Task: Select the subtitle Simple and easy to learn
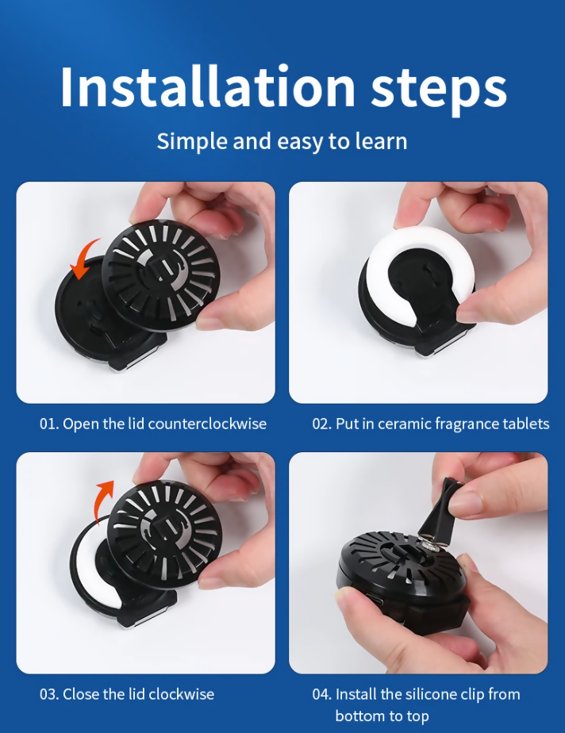(282, 140)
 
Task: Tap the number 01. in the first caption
(49, 424)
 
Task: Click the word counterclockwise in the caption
(207, 424)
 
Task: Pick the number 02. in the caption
(322, 424)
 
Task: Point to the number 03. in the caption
(49, 694)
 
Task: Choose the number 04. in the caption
(322, 694)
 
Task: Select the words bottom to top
(382, 716)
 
